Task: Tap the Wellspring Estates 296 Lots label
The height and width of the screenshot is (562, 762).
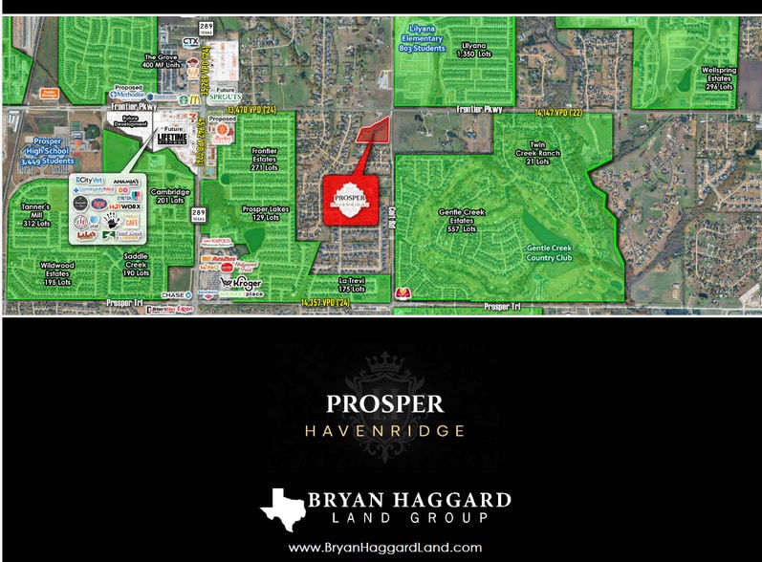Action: click(717, 77)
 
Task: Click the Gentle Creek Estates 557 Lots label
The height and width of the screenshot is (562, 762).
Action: click(456, 221)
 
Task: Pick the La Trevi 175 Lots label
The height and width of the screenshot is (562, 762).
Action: click(352, 284)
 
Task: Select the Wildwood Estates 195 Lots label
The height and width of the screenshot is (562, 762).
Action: click(57, 272)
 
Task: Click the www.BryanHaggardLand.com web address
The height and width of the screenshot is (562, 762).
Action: click(384, 548)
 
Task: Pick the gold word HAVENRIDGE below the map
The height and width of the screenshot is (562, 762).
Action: click(384, 431)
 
